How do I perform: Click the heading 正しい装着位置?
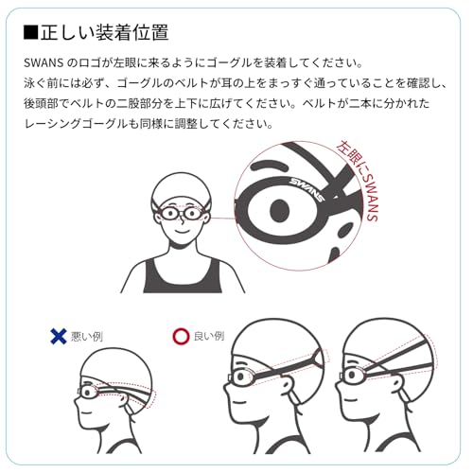coord(105,32)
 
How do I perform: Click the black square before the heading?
coord(30,33)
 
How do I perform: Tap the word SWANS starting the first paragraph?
coord(44,62)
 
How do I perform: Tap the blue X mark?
coord(59,336)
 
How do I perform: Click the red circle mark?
coord(181,336)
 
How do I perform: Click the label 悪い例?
coord(87,337)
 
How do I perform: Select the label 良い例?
coord(209,336)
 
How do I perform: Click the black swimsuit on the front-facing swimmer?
coord(183,277)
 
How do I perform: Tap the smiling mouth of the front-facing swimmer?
coord(182,231)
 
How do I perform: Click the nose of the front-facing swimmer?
coord(182,220)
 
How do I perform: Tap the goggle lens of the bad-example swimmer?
coord(88,393)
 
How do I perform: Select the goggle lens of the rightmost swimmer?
coord(354,376)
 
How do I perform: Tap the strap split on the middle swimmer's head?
coord(318,359)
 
